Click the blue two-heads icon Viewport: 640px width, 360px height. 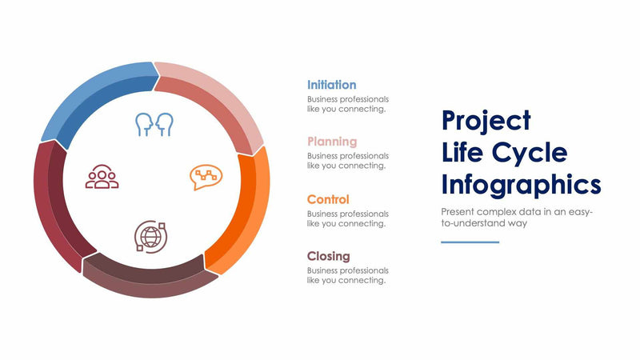[154, 124]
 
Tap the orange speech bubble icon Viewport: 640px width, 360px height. [206, 177]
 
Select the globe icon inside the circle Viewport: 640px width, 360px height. [150, 237]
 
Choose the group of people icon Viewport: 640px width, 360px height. [102, 177]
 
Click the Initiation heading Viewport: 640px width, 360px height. [331, 85]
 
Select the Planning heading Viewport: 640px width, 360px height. [331, 142]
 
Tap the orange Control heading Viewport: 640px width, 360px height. [328, 199]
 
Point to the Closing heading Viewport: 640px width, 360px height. [328, 256]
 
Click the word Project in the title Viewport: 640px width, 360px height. [486, 120]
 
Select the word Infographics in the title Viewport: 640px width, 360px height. [521, 185]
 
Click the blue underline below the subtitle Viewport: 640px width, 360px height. [470, 242]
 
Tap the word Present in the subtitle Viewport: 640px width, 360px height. [458, 212]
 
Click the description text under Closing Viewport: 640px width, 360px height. [347, 276]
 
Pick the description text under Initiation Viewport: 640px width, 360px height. [347, 104]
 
